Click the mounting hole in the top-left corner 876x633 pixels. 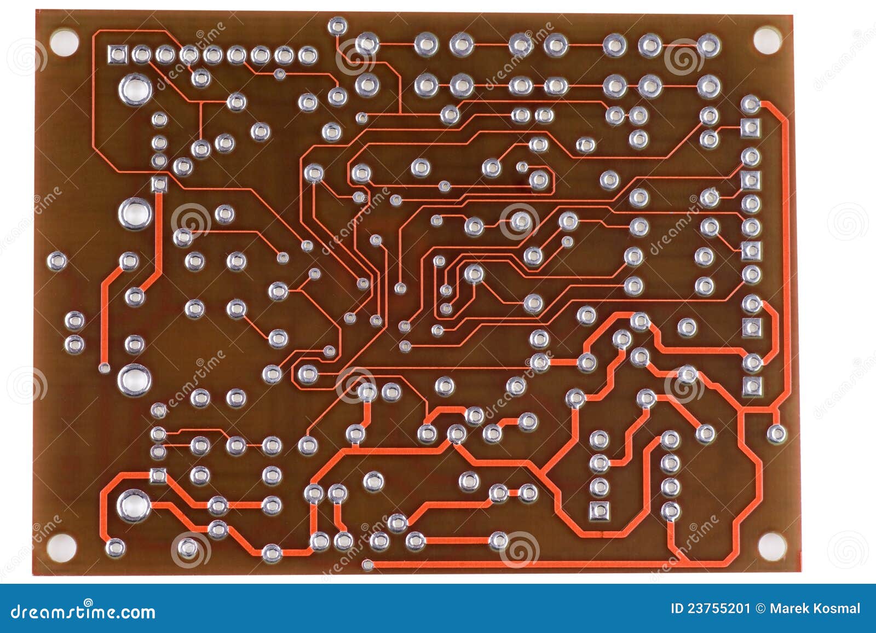[x=64, y=42]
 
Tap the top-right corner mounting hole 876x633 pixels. [x=767, y=40]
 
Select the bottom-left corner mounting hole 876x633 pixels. [x=61, y=547]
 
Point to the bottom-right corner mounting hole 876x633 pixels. [x=771, y=545]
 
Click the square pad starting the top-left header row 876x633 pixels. [x=118, y=54]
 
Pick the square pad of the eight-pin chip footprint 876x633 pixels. [x=600, y=511]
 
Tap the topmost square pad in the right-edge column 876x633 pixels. [x=751, y=127]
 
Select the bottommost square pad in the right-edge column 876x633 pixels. [x=752, y=386]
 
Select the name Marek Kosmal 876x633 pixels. [x=815, y=608]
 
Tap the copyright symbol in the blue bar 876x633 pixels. [x=760, y=608]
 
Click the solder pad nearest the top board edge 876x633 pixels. [x=337, y=25]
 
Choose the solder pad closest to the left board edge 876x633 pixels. [x=57, y=261]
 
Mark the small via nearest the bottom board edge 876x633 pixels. [x=368, y=564]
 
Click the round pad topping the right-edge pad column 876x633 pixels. [x=750, y=103]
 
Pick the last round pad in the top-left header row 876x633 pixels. [x=308, y=55]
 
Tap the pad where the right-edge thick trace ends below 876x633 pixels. [x=776, y=434]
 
